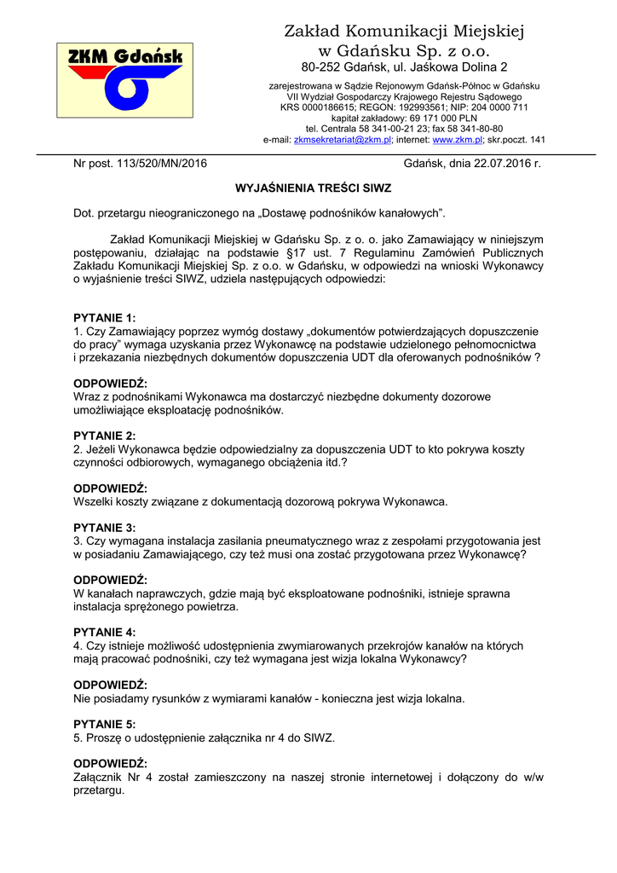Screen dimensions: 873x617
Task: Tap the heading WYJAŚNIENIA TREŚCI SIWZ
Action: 308,185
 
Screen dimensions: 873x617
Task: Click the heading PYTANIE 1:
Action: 105,318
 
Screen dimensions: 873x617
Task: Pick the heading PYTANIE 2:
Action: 105,436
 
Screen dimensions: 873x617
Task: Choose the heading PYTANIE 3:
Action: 105,528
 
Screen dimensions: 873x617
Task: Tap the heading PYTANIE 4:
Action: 105,633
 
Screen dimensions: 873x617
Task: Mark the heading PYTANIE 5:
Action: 105,724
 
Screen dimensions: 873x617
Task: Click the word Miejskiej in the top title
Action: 483,32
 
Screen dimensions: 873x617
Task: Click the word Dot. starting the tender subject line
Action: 84,211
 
